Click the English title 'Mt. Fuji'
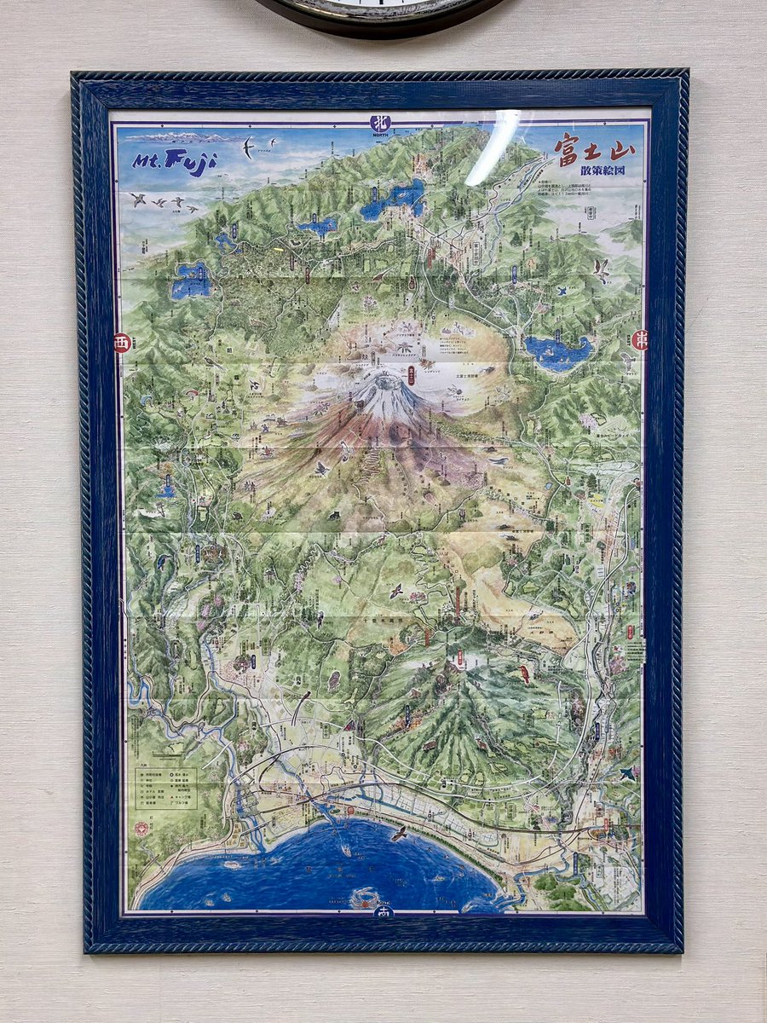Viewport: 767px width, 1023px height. click(x=175, y=160)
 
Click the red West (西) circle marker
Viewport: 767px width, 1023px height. click(x=122, y=344)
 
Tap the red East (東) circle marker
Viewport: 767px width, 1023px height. click(x=639, y=339)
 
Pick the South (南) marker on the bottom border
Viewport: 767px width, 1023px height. click(x=381, y=911)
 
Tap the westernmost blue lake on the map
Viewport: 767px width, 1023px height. click(x=191, y=280)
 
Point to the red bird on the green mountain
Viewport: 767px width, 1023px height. click(x=525, y=674)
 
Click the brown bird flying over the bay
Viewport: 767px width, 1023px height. click(x=397, y=831)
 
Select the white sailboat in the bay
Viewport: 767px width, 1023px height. click(x=346, y=851)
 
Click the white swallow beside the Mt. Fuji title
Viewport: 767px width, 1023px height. click(x=248, y=148)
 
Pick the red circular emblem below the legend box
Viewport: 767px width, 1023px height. click(x=141, y=828)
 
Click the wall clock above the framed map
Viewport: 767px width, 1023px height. click(x=379, y=15)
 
